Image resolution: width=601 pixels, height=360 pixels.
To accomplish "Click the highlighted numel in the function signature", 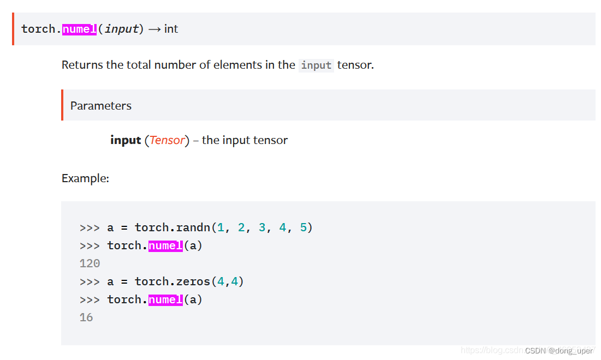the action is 79,29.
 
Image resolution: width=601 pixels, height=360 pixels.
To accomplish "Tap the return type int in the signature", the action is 171,29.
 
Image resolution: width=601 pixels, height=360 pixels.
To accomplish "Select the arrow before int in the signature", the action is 154,29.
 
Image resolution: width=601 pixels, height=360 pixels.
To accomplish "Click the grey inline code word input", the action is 316,65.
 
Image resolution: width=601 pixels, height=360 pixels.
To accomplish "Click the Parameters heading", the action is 101,106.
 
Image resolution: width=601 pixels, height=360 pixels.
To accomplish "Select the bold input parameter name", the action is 126,140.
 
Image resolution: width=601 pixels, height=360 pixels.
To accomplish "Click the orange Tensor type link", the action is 167,140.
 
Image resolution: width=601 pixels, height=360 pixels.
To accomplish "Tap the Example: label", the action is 85,178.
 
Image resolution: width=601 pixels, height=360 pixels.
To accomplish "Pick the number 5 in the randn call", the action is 304,227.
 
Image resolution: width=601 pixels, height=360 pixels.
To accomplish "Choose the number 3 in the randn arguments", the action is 262,227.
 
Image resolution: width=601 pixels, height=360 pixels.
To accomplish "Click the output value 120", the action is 90,263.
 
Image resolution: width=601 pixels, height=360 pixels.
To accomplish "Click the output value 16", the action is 86,317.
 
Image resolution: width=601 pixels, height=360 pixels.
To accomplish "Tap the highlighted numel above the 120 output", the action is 165,245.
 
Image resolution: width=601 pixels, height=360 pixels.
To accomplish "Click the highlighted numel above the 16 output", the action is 165,299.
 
